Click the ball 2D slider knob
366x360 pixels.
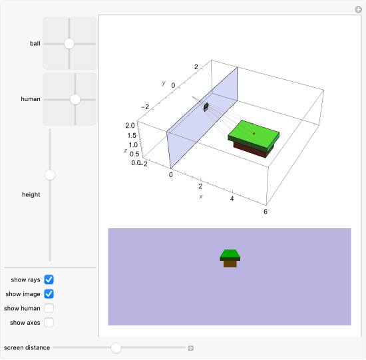69,43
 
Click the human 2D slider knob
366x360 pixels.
75,99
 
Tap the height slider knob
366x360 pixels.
49,175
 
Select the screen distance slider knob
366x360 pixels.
116,347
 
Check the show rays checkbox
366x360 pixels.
49,279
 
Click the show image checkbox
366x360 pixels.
49,293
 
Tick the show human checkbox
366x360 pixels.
49,308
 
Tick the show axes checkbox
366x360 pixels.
49,323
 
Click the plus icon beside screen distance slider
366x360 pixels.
191,348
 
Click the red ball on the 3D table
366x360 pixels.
254,133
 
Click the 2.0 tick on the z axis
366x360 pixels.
129,125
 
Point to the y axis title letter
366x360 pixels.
163,83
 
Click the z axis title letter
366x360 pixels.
125,151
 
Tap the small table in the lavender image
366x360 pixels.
230,257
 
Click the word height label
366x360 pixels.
31,195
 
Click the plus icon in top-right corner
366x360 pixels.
358,9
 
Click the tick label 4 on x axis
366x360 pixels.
232,198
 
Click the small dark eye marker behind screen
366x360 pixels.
206,106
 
